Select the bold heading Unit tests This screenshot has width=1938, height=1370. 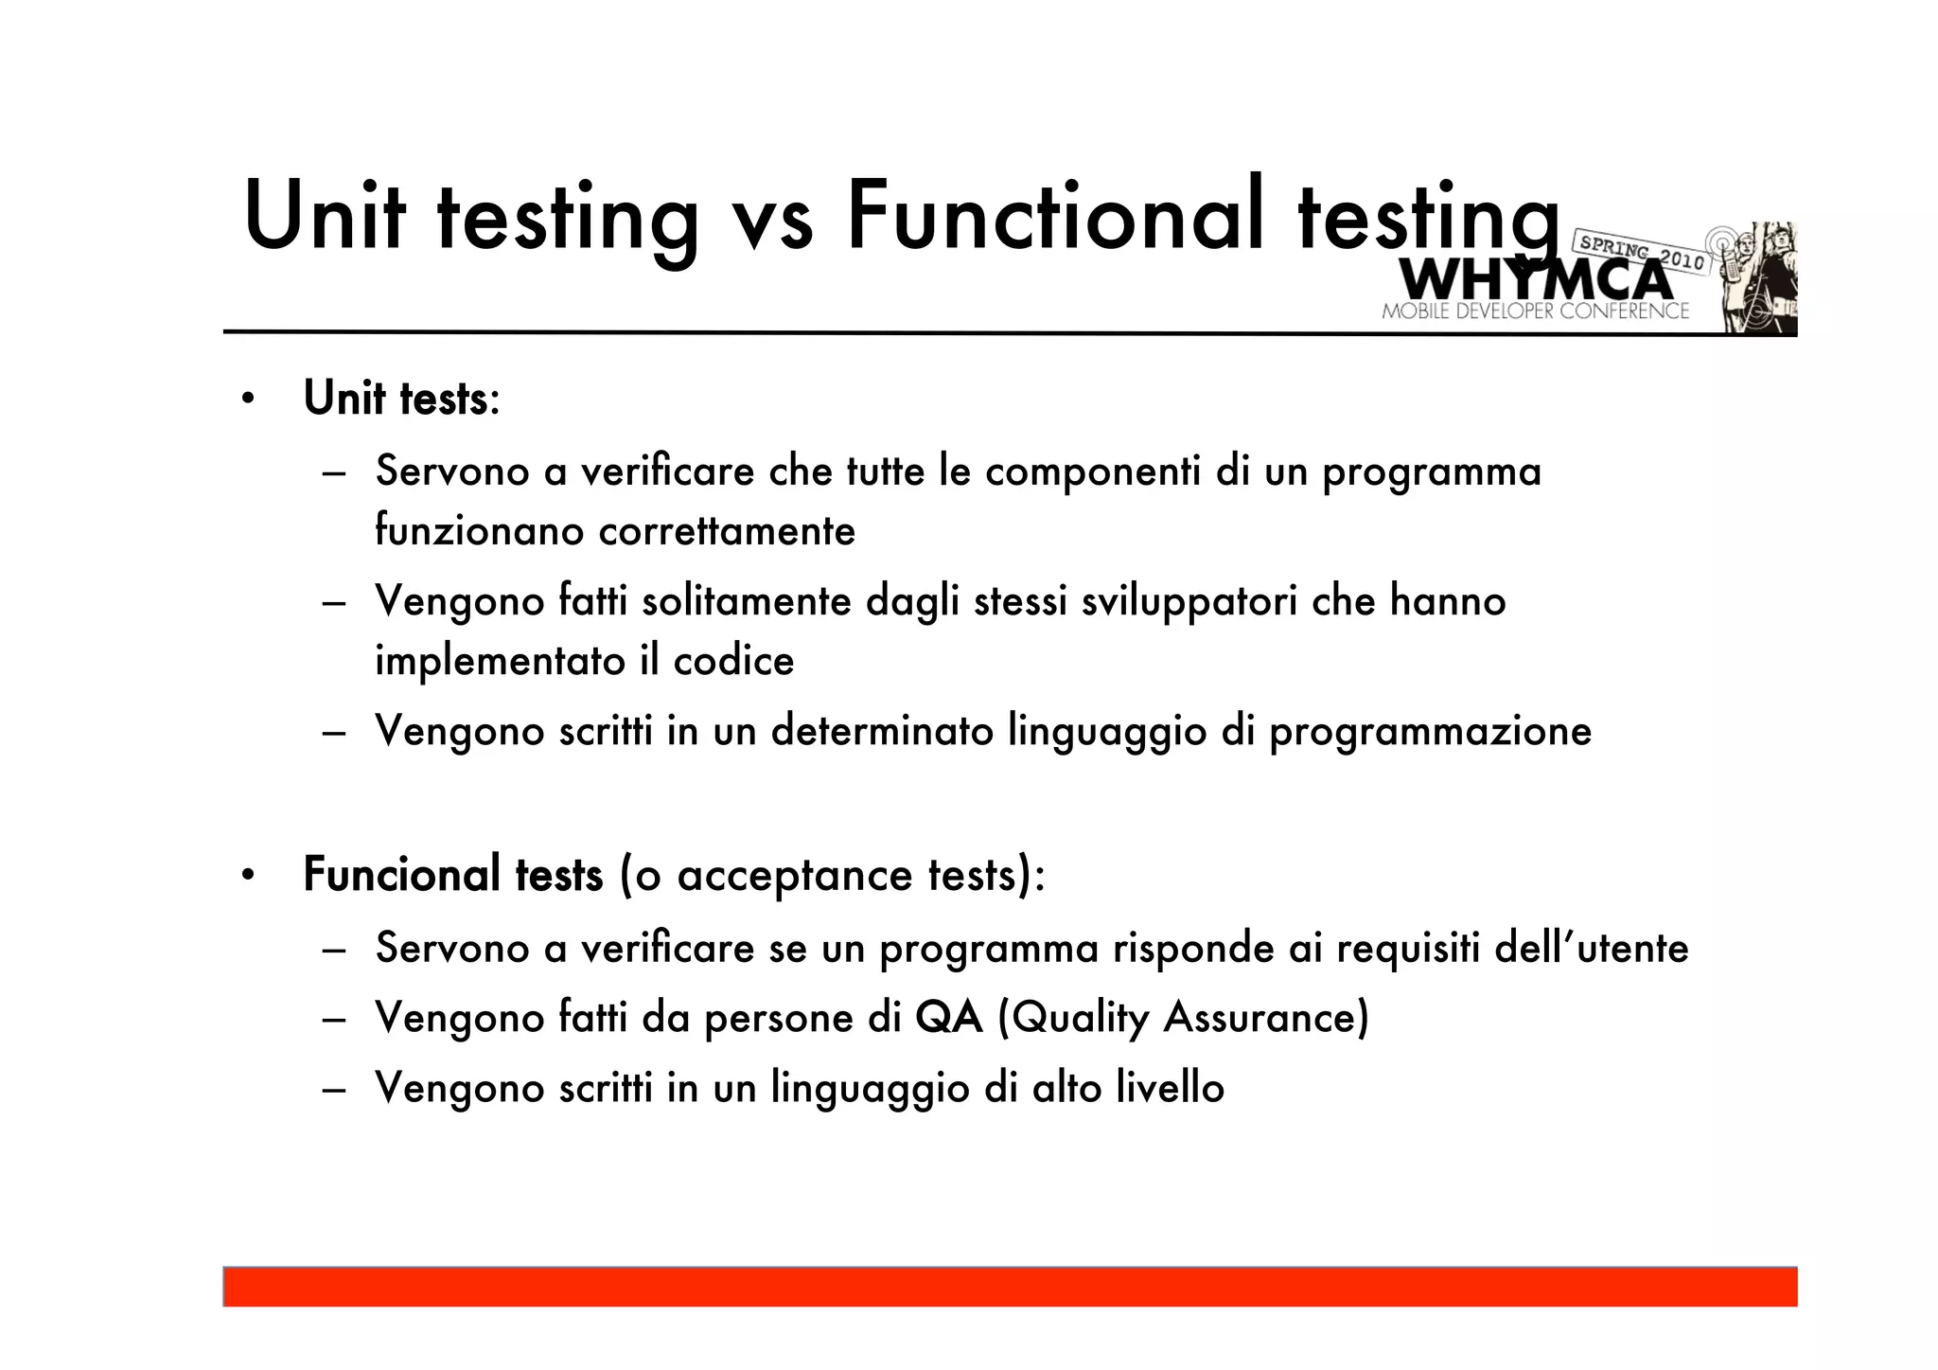coord(396,398)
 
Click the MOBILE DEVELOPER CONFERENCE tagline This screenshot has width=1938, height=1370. coord(1535,311)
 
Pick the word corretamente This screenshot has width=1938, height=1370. coord(727,530)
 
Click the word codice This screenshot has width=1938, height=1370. coord(733,661)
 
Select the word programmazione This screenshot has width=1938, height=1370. coord(1430,732)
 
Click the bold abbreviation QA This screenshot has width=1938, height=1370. coord(949,1019)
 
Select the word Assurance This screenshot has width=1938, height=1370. coord(1266,1019)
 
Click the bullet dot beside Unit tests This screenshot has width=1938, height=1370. coord(247,399)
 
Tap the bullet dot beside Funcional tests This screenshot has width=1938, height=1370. coord(247,875)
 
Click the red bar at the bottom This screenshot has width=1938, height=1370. coord(1010,1287)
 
